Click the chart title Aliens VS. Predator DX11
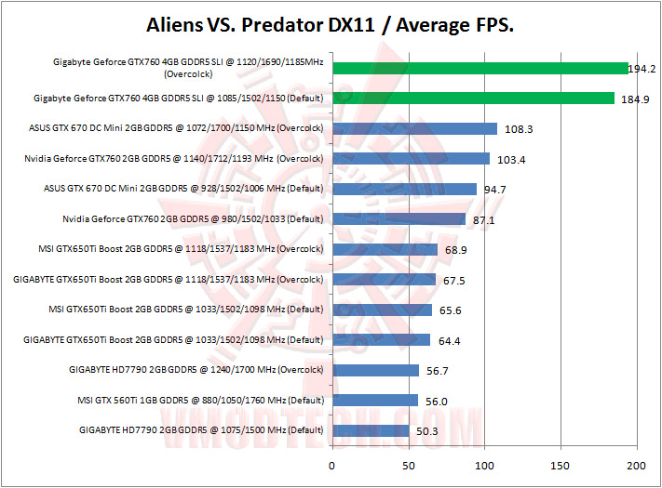(331, 25)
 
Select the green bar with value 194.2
(480, 68)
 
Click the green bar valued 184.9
(473, 99)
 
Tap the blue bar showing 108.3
(414, 128)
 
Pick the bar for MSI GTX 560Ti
(374, 401)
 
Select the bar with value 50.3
(370, 430)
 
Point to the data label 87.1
(484, 220)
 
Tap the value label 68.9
(456, 251)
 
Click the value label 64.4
(449, 341)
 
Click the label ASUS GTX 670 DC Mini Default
(183, 189)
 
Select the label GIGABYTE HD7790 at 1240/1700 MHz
(196, 370)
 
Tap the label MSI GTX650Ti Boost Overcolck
(179, 249)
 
